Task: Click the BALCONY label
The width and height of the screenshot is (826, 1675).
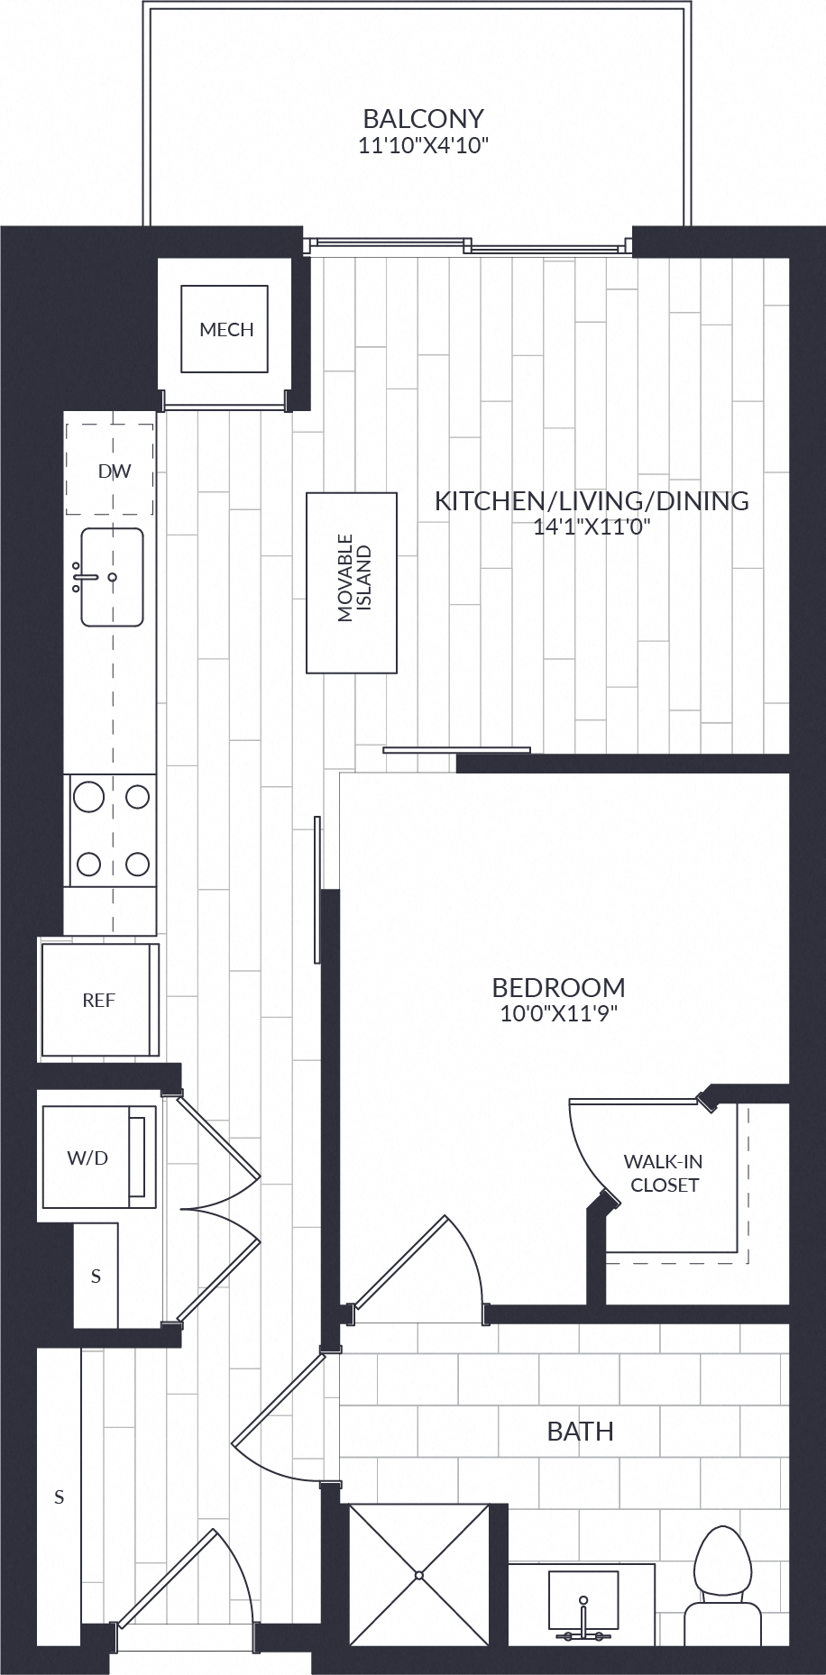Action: pos(423,118)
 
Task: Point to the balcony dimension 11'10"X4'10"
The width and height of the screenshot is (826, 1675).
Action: pos(423,146)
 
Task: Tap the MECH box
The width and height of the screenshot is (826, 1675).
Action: pos(225,329)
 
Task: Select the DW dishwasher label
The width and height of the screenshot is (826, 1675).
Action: pos(115,471)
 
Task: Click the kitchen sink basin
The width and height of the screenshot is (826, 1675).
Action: pos(112,577)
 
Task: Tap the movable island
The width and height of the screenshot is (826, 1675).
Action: pos(352,582)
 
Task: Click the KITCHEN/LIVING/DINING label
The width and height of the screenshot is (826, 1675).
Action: pos(592,501)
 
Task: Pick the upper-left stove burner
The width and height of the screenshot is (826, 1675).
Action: pos(88,797)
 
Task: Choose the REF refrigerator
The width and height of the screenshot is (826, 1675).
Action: pos(99,1000)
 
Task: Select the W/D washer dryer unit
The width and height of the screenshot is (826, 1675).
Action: pos(97,1158)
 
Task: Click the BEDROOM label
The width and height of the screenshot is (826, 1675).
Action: pos(558,987)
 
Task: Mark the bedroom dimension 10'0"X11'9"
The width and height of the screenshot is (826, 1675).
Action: pos(558,1013)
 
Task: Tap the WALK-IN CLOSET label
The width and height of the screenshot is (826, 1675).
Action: pos(665,1174)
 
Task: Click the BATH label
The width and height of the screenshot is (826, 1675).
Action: pos(581,1431)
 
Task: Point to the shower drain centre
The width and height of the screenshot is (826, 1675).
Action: pos(419,1576)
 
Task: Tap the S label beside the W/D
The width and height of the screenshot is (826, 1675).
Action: pos(96,1277)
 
